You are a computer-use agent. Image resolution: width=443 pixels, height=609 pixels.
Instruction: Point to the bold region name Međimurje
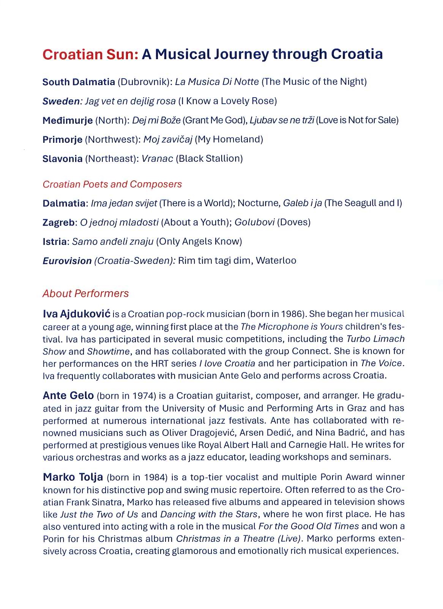pyautogui.click(x=68, y=120)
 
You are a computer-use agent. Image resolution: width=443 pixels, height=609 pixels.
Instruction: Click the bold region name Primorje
pyautogui.click(x=62, y=139)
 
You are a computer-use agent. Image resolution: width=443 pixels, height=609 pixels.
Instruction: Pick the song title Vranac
pyautogui.click(x=157, y=158)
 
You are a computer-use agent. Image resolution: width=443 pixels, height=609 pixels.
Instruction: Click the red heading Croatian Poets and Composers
pyautogui.click(x=112, y=184)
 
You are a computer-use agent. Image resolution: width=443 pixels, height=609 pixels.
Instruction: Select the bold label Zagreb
pyautogui.click(x=58, y=222)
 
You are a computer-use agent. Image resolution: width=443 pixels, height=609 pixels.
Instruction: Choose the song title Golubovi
pyautogui.click(x=254, y=222)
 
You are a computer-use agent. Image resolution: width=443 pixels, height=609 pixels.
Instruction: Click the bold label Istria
pyautogui.click(x=55, y=241)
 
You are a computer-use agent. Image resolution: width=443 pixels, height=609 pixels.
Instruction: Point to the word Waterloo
pyautogui.click(x=276, y=260)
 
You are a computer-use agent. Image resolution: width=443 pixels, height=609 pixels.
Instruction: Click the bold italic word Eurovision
pyautogui.click(x=67, y=261)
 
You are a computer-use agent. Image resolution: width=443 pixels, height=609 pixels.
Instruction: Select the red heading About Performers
pyautogui.click(x=85, y=293)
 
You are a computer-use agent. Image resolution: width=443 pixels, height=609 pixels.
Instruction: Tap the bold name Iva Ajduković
pyautogui.click(x=76, y=314)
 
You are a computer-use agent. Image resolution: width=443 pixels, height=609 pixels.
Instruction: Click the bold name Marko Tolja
pyautogui.click(x=73, y=477)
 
